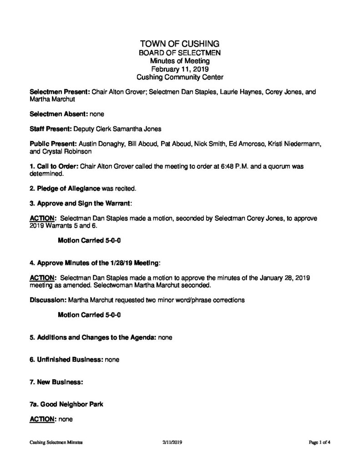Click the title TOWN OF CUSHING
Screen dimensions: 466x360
[180, 44]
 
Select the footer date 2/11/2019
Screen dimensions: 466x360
[172, 442]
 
